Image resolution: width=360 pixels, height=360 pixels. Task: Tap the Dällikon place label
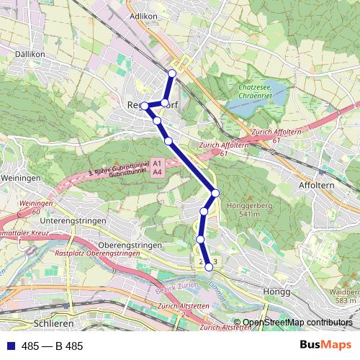coord(30,54)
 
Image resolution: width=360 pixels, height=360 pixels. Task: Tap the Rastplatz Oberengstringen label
coord(96,253)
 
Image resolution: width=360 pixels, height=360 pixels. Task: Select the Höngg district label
coord(277,292)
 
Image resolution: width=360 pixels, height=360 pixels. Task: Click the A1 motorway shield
coord(158,165)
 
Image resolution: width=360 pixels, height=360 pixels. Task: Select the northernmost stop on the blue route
coord(171,73)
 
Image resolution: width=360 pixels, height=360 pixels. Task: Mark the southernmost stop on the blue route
coord(209,267)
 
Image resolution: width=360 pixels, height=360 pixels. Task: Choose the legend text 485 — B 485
coord(53,346)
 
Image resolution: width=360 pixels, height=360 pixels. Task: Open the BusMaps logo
coord(325,345)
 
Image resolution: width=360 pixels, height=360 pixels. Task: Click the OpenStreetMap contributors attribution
coord(297,323)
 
